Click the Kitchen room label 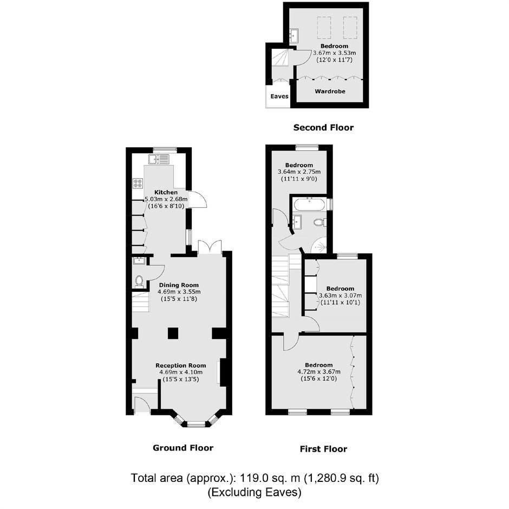coord(166,192)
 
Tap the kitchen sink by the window coord(159,159)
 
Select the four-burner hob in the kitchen coord(138,184)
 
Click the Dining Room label coord(179,285)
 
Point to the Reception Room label coord(181,366)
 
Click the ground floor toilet coord(139,281)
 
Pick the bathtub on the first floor coord(309,205)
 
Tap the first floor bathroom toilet coord(320,223)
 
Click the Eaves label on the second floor coord(279,96)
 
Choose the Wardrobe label coord(330,91)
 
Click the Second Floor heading coord(324,127)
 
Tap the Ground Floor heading coord(183,448)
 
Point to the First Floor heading coord(324,449)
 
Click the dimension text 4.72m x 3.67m coord(319,371)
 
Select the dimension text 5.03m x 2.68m coord(166,199)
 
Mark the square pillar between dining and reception coord(173,334)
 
